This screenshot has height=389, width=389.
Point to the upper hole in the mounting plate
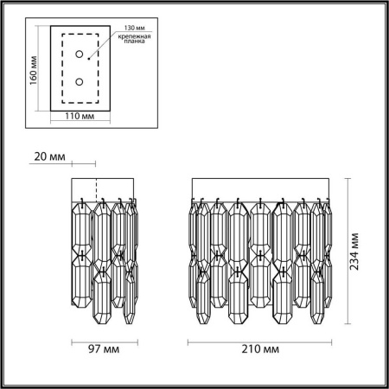[x=80, y=54]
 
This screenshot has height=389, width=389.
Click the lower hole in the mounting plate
[x=80, y=82]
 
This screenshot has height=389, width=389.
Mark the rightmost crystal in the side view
[x=131, y=259]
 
